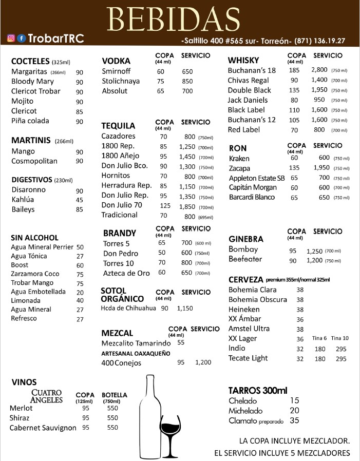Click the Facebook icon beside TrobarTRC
pyautogui.click(x=21, y=39)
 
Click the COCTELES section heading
pyautogui.click(x=30, y=61)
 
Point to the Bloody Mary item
pyautogui.click(x=32, y=82)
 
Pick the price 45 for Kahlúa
pyautogui.click(x=80, y=200)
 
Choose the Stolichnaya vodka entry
pyautogui.click(x=121, y=81)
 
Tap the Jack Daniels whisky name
pyautogui.click(x=248, y=100)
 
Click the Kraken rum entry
pyautogui.click(x=239, y=158)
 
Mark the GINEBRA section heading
pyautogui.click(x=246, y=239)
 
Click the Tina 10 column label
pyautogui.click(x=339, y=338)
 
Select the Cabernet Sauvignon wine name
pyautogui.click(x=43, y=428)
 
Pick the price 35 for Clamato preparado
pyautogui.click(x=294, y=421)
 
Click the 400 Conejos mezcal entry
pyautogui.click(x=121, y=363)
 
